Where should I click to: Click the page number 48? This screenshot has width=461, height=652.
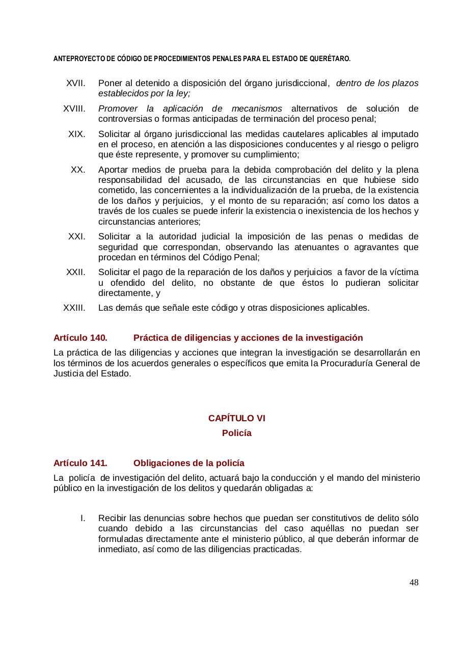point(414,582)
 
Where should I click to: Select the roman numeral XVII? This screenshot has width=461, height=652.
point(76,84)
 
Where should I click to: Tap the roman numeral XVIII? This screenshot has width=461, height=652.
point(74,109)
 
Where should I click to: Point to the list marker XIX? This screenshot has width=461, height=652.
point(77,134)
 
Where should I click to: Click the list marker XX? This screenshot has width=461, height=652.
point(78,170)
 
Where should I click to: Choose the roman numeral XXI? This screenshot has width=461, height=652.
point(77,236)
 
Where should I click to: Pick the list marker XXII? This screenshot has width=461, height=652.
point(76,272)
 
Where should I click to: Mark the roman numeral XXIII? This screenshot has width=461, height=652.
point(74,308)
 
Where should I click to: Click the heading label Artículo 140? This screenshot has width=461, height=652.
point(80,338)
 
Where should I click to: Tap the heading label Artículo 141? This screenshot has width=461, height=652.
point(80,463)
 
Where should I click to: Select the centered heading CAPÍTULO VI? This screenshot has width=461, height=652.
point(236,418)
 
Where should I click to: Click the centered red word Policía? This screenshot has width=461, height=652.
point(236,433)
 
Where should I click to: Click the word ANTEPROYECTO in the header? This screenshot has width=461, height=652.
point(77,59)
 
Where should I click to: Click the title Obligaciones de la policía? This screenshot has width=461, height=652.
point(188,463)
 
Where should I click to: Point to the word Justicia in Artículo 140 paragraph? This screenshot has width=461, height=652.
point(67,373)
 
